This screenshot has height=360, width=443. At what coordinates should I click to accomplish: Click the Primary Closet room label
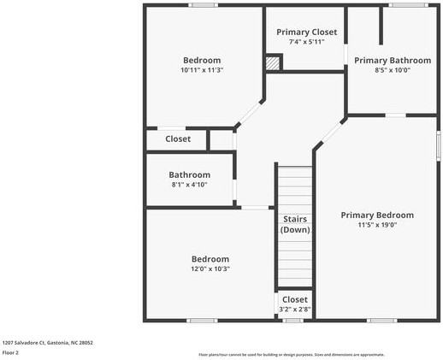point(306,32)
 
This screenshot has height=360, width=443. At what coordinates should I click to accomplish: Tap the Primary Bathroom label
point(393,61)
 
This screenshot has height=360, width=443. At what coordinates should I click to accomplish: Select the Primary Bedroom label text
point(377,215)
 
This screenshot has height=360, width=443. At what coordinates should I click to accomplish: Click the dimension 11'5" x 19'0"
point(377,226)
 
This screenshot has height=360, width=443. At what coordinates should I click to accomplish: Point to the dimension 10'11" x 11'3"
point(202,71)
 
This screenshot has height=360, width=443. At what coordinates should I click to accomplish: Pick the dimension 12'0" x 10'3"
point(210,269)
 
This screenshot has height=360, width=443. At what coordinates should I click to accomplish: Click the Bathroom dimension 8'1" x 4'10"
point(189,185)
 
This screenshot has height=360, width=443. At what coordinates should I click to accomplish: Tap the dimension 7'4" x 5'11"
point(306,43)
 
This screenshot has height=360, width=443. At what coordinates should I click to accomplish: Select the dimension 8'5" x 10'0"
point(393,71)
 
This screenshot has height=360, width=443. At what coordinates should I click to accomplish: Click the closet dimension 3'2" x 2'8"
point(295,310)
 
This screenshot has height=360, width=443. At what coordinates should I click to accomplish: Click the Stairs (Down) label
point(295,224)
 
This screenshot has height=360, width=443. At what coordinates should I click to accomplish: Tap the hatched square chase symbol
point(273,62)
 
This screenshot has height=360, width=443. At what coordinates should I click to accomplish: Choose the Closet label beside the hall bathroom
point(178,139)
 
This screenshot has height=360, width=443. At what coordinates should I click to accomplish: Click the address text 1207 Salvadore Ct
point(47,343)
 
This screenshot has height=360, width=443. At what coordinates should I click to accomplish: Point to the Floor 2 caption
point(10,352)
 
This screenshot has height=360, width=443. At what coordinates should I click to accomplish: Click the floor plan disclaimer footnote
point(292,354)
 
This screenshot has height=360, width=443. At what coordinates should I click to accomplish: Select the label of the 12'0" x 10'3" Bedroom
point(210,259)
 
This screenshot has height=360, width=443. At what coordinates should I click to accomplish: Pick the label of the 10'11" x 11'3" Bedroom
point(202,61)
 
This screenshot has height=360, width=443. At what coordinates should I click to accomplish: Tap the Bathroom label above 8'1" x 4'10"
point(189,174)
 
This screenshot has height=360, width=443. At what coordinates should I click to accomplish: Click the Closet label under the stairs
point(295,300)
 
